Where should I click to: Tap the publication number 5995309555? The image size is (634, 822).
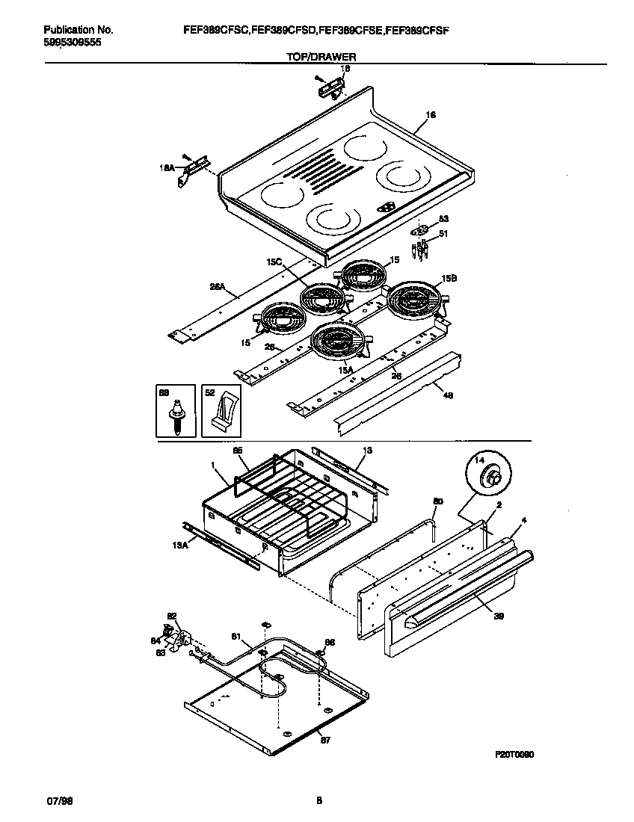(x=73, y=43)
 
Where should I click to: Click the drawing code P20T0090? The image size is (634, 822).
(x=514, y=755)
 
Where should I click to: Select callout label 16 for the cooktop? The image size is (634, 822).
(x=430, y=115)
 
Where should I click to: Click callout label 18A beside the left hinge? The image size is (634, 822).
(x=167, y=169)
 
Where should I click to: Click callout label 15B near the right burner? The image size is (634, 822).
(x=449, y=278)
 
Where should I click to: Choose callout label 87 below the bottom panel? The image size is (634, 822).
(x=325, y=741)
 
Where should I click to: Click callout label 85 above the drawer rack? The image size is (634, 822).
(x=238, y=451)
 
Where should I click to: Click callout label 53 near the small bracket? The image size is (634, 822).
(x=443, y=219)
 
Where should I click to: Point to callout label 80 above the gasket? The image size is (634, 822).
(x=438, y=502)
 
